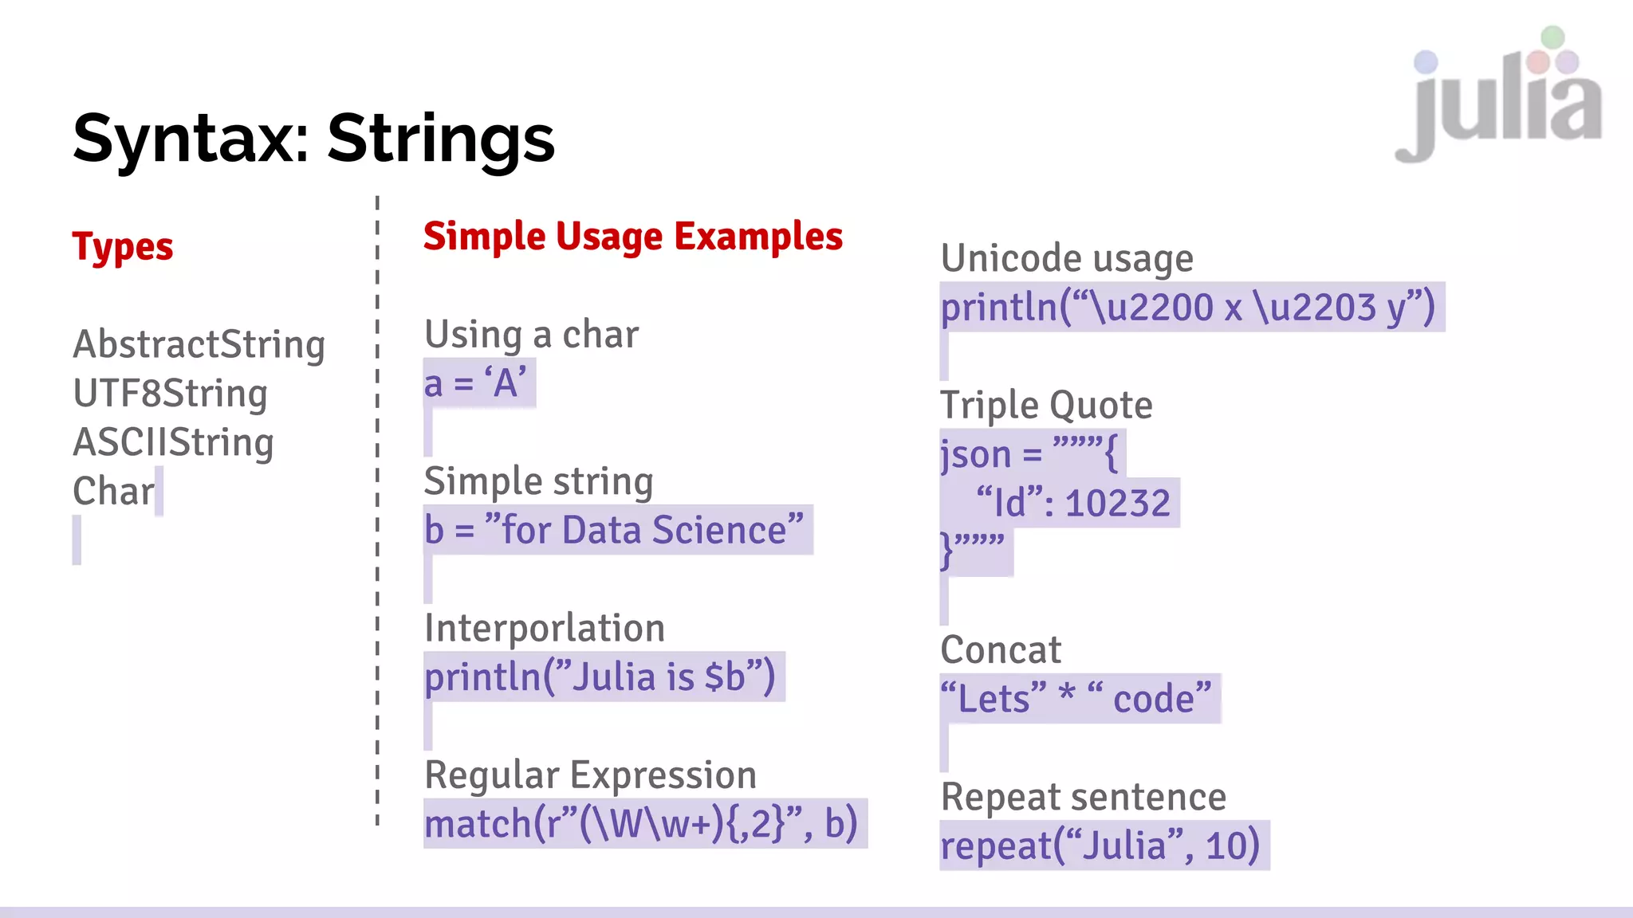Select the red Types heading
(x=123, y=247)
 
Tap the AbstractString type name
(x=199, y=345)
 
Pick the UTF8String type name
(x=170, y=394)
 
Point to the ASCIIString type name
(x=173, y=442)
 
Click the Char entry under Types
(x=113, y=492)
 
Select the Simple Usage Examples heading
(x=632, y=237)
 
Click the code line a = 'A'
(x=476, y=383)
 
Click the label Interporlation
(x=545, y=628)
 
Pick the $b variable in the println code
(x=725, y=677)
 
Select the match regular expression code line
(x=641, y=824)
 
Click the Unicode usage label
(x=1067, y=259)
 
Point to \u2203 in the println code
(x=1315, y=308)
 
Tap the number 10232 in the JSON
(x=1117, y=504)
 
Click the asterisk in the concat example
(x=1067, y=695)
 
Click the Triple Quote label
(x=1046, y=406)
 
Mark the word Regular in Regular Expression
(x=492, y=775)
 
